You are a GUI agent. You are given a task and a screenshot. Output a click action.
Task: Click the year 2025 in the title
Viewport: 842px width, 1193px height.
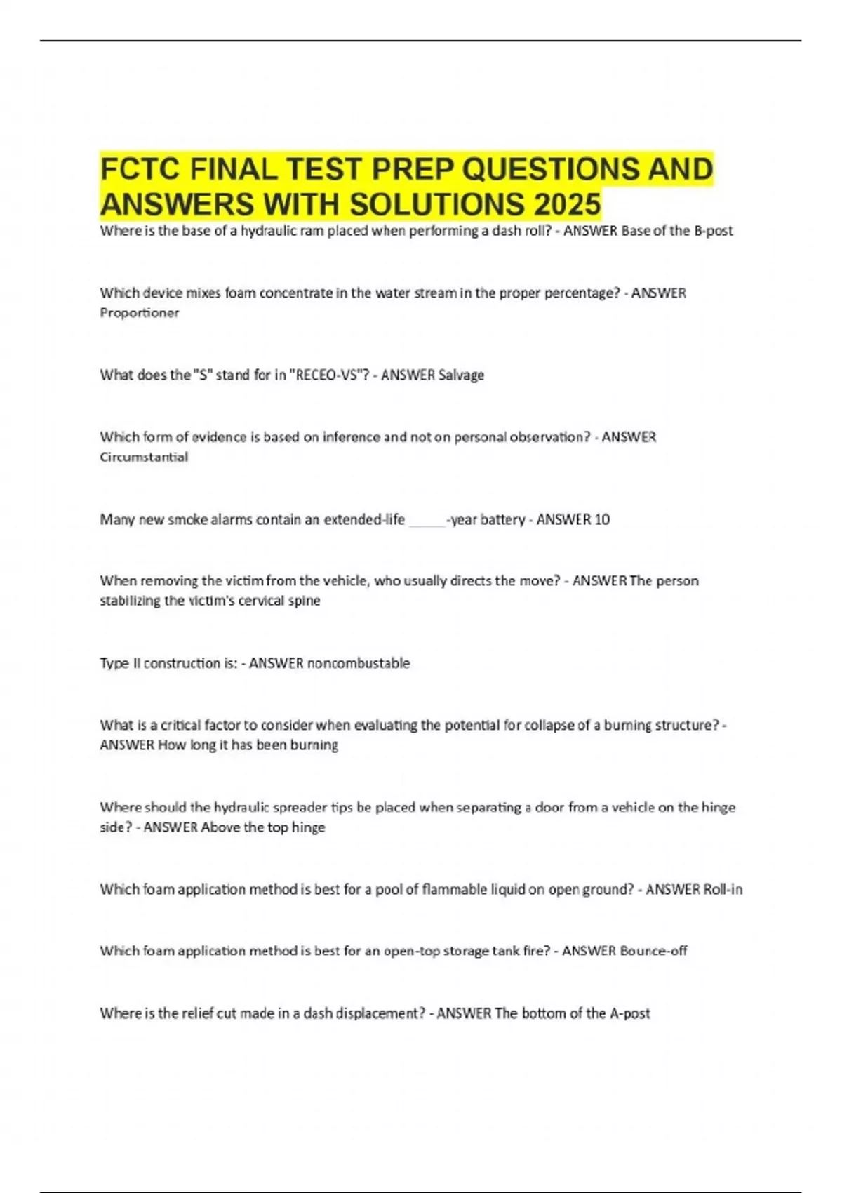[x=567, y=204]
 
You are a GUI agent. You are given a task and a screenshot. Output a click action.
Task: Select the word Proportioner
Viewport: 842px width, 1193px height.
[x=139, y=313]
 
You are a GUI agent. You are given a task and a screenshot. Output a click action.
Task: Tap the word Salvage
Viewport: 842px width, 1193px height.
[x=461, y=375]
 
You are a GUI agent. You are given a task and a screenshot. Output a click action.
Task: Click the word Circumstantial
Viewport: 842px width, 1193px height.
[x=144, y=457]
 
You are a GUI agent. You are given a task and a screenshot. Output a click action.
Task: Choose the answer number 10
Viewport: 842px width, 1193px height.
[x=601, y=519]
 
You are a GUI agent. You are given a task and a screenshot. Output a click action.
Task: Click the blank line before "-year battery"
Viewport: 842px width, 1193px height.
[x=427, y=521]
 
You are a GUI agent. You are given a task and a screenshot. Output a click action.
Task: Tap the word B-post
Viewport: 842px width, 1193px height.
[x=713, y=230]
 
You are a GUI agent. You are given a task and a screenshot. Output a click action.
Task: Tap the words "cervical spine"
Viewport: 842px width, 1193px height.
[x=279, y=601]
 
